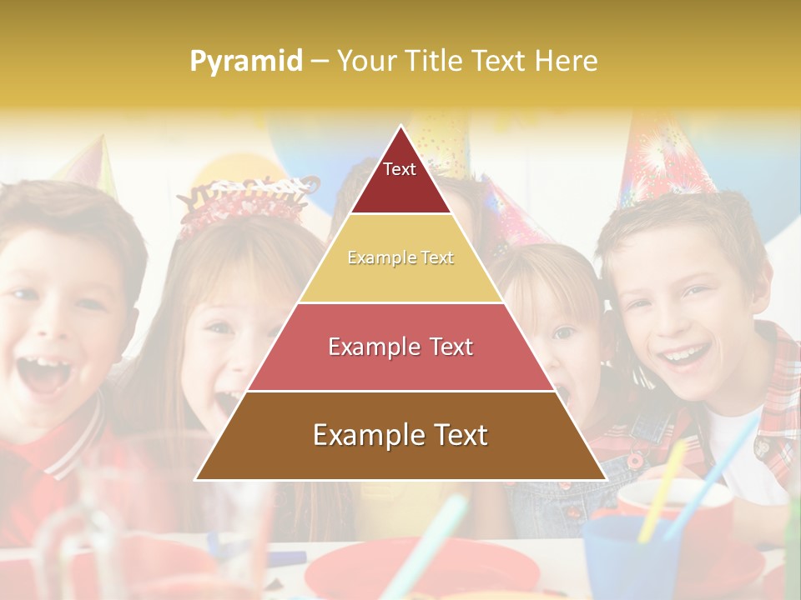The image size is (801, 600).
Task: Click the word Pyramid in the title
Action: pos(246,61)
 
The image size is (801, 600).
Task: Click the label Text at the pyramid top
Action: pos(400,169)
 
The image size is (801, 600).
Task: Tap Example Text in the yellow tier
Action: pos(400,257)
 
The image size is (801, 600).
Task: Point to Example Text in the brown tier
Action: pos(400,435)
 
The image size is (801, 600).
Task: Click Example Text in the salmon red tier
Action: pos(400,347)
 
